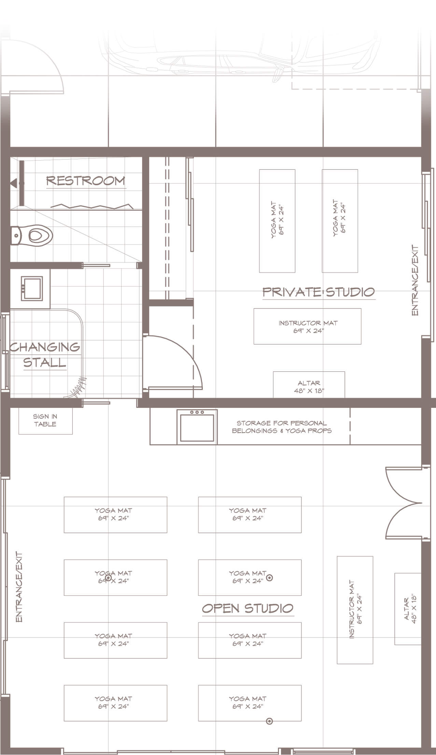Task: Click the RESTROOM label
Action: click(x=86, y=180)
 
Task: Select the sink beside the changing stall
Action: click(x=32, y=289)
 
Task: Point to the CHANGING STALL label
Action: click(x=45, y=355)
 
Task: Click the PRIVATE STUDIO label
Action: click(x=319, y=292)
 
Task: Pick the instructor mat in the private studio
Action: click(x=307, y=326)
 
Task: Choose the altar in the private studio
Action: click(x=309, y=385)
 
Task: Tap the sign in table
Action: click(x=45, y=421)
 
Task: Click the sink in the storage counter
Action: click(x=197, y=427)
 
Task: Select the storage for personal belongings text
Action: click(x=282, y=427)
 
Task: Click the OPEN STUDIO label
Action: click(x=248, y=608)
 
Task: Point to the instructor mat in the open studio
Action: click(x=355, y=610)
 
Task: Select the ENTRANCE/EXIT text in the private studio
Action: click(x=415, y=280)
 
